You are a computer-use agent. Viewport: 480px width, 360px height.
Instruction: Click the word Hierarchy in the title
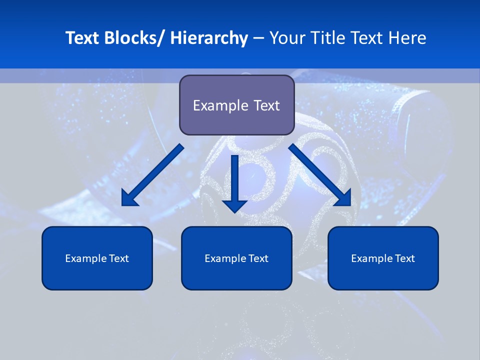[x=209, y=38]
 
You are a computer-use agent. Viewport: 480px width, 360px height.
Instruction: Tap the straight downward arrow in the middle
[x=234, y=182]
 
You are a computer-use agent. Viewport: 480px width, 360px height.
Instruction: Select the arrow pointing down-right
[x=319, y=174]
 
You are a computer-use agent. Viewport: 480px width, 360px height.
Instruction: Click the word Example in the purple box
[x=213, y=105]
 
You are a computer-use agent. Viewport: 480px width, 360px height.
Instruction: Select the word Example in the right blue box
[x=372, y=258]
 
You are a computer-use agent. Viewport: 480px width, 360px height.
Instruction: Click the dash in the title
[x=258, y=38]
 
